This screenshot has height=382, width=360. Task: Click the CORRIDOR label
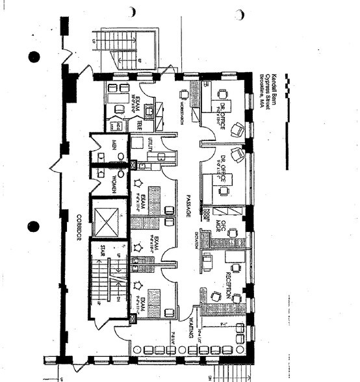pyautogui.click(x=77, y=228)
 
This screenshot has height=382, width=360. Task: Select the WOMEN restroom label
pyautogui.click(x=113, y=184)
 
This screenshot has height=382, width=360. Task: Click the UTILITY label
pyautogui.click(x=149, y=144)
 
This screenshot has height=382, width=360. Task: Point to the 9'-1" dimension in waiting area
pyautogui.click(x=222, y=320)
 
